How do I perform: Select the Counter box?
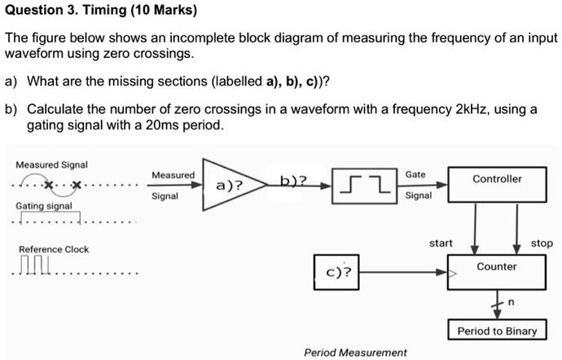click(496, 266)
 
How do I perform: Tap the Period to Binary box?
click(496, 331)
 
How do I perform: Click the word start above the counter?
click(441, 243)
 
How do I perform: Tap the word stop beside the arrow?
click(541, 243)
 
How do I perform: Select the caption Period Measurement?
click(354, 352)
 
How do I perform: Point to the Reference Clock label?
click(54, 249)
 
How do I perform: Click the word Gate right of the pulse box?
click(415, 175)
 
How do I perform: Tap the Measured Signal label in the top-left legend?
click(52, 165)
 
